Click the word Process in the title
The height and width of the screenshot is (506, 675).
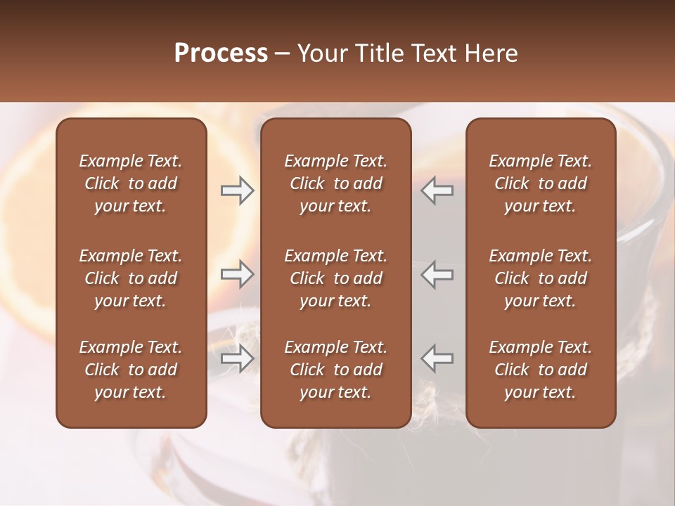point(221,53)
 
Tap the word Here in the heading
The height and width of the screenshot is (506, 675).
point(491,53)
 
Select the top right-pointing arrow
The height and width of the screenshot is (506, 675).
point(238,190)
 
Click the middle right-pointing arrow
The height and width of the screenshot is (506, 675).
point(238,274)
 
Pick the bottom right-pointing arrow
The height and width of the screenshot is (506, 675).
point(238,358)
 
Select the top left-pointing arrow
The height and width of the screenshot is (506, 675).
point(437,190)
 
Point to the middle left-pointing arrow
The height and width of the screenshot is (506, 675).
point(437,274)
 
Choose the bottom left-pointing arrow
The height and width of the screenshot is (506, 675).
point(437,358)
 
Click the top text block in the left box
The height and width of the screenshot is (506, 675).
point(131,183)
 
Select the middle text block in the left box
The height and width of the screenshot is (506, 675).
point(131,278)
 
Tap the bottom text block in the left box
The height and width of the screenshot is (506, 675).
point(131,370)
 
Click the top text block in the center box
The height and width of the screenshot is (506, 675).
point(335,183)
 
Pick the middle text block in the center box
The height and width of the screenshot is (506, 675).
point(335,278)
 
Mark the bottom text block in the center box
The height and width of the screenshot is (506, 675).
point(335,370)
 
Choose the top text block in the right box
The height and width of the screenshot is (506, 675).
point(540,183)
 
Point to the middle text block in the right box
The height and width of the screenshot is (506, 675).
point(540,278)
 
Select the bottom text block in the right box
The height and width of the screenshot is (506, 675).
point(540,370)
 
